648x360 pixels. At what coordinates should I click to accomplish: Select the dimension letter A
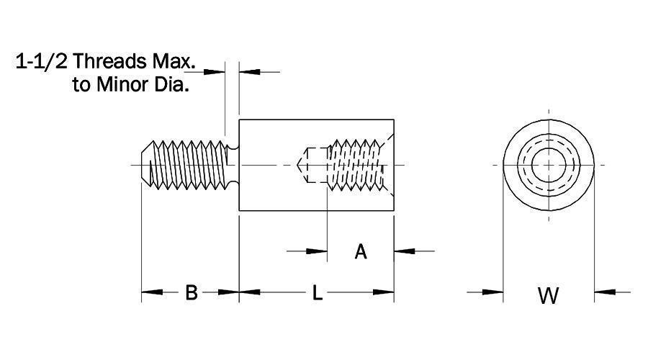click(x=361, y=251)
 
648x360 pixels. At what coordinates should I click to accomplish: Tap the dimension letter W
click(x=549, y=294)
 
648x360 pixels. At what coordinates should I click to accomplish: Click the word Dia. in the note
click(x=174, y=86)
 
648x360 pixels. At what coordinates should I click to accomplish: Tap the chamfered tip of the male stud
click(x=144, y=165)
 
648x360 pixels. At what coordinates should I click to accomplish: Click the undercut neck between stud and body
click(x=232, y=165)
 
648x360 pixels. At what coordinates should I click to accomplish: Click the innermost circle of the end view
click(x=549, y=165)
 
